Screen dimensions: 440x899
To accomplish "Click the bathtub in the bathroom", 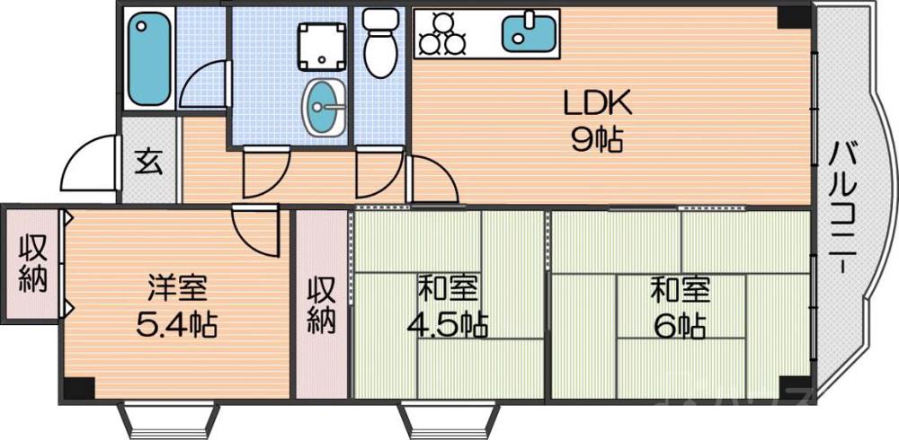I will point(149,58).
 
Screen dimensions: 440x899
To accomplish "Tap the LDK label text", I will point(598,103).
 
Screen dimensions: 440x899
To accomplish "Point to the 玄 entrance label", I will point(148,163).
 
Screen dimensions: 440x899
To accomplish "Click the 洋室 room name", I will point(177,289).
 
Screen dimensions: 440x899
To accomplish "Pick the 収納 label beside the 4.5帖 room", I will point(322,305).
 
